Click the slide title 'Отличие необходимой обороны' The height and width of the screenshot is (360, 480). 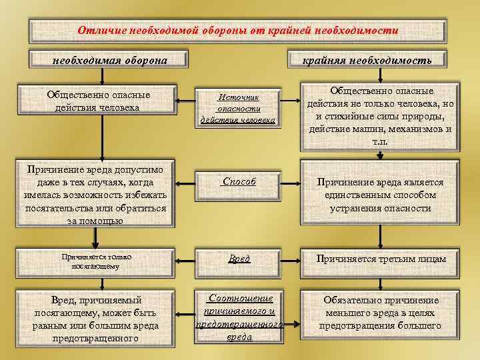pos(238,31)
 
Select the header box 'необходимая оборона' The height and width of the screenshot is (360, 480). pos(110,60)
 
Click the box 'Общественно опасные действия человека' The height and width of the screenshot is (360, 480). pos(99,101)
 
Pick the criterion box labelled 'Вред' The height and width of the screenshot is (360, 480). pos(239,259)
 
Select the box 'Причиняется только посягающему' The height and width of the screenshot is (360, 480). pos(99,261)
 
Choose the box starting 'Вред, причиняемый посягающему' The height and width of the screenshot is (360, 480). pos(99,319)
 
